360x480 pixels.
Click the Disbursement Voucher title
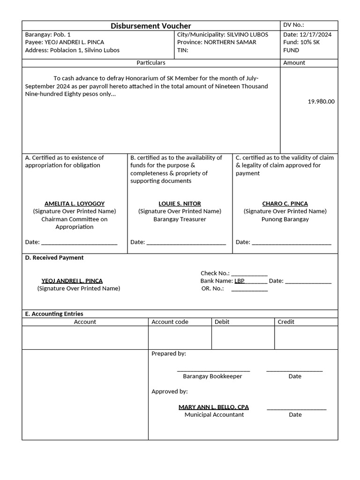[150, 26]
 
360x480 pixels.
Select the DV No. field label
[294, 25]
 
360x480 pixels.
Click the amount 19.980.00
[321, 101]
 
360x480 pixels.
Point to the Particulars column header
[150, 62]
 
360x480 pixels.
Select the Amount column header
[294, 62]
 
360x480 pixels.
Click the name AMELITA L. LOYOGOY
[75, 204]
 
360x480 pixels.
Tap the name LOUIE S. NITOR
[180, 204]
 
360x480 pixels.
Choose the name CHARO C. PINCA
[285, 204]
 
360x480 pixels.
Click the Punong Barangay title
[285, 219]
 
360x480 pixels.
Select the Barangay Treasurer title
[180, 219]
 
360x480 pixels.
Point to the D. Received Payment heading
[54, 258]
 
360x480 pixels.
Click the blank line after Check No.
[249, 274]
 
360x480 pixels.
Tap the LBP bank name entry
[240, 281]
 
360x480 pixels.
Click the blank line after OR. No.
[249, 289]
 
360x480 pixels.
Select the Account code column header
[170, 322]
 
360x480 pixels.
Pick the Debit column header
[222, 322]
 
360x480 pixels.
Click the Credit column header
[286, 322]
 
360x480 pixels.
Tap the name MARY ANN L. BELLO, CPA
[214, 407]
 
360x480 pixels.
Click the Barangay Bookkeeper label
[212, 376]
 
